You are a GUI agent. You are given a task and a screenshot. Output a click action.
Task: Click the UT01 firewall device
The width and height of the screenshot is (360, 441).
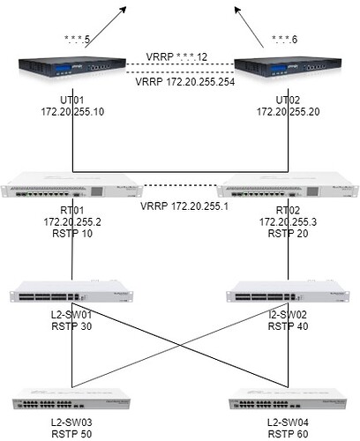pyautogui.click(x=72, y=67)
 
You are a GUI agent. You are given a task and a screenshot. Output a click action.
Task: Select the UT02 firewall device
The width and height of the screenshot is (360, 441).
pyautogui.click(x=288, y=67)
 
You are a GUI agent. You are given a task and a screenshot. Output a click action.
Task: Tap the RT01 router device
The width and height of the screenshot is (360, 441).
pyautogui.click(x=71, y=184)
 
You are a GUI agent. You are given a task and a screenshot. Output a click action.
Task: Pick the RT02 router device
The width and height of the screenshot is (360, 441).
pyautogui.click(x=288, y=184)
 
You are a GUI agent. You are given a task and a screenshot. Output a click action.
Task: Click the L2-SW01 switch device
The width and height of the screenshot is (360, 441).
pyautogui.click(x=71, y=292)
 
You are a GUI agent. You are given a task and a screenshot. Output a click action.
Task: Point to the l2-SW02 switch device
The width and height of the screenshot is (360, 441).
pyautogui.click(x=288, y=292)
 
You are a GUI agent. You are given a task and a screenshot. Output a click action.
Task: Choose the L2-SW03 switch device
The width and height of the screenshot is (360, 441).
pyautogui.click(x=71, y=399)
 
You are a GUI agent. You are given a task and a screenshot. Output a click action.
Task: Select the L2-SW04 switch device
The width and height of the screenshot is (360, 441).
pyautogui.click(x=288, y=399)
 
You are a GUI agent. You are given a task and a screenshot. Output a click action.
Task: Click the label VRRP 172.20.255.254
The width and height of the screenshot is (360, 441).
pyautogui.click(x=185, y=82)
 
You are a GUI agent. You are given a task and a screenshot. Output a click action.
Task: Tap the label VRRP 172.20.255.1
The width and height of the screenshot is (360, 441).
pyautogui.click(x=184, y=206)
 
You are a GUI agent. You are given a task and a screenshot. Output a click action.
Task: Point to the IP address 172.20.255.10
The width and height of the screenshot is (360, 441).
pyautogui.click(x=72, y=112)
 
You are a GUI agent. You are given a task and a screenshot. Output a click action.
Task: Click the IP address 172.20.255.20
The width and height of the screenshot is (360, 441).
pyautogui.click(x=289, y=112)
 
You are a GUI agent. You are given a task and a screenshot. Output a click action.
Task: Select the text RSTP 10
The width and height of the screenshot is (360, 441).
pyautogui.click(x=72, y=234)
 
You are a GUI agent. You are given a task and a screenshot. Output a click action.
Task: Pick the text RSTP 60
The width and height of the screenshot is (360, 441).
pyautogui.click(x=289, y=434)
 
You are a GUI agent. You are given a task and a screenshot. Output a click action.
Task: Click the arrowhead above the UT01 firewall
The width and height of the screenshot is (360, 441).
pyautogui.click(x=123, y=10)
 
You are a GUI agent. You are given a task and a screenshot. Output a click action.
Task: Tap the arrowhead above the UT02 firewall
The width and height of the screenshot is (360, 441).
pyautogui.click(x=237, y=11)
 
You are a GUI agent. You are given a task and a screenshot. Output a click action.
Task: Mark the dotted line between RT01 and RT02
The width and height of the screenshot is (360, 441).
pyautogui.click(x=180, y=185)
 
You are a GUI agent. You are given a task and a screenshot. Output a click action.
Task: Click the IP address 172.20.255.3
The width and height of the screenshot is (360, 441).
pyautogui.click(x=288, y=222)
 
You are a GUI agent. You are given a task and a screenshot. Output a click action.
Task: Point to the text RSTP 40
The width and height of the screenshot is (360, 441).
pyautogui.click(x=289, y=326)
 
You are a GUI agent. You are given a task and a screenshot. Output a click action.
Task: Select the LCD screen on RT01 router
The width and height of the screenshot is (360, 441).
pyautogui.click(x=97, y=191)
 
